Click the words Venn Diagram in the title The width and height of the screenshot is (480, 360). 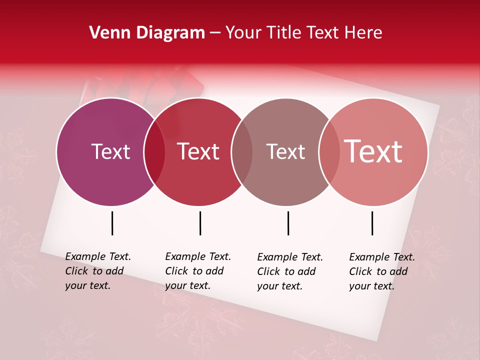(147, 33)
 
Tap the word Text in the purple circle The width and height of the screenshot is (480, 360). (110, 151)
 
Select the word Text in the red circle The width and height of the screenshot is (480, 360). (198, 151)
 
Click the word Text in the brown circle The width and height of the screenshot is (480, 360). (285, 151)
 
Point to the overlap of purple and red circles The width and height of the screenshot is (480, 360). (154, 152)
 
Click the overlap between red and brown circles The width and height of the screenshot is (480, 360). (242, 152)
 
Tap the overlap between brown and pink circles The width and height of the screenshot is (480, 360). (329, 152)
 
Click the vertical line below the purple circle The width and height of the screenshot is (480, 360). (112, 223)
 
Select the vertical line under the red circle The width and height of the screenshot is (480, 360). (200, 223)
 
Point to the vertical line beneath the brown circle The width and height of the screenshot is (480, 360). (288, 223)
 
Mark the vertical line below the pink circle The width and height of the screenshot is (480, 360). (372, 223)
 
